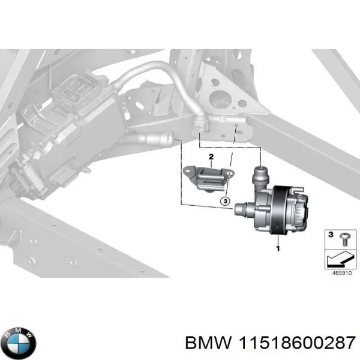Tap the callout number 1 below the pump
pyautogui.click(x=277, y=247)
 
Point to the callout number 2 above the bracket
pyautogui.click(x=211, y=157)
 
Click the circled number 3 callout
pyautogui.click(x=224, y=202)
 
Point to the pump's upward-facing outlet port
pyautogui.click(x=260, y=174)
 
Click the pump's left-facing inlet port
pyautogui.click(x=242, y=210)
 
